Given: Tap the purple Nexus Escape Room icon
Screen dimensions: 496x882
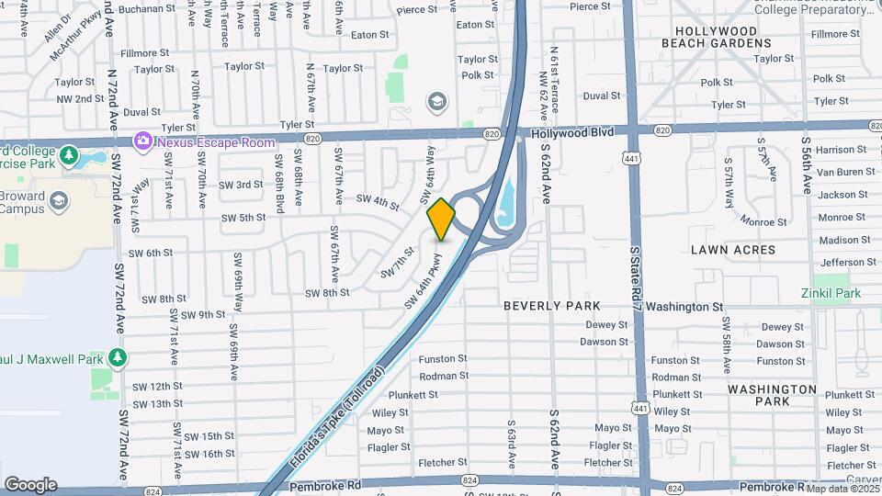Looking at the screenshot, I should (x=142, y=141).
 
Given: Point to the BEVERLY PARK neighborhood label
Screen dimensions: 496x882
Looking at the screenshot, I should (x=551, y=306).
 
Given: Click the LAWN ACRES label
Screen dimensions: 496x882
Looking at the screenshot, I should (x=733, y=250).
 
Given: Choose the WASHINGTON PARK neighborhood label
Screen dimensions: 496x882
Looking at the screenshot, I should (x=772, y=395).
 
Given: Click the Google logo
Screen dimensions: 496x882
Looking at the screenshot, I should (x=30, y=485).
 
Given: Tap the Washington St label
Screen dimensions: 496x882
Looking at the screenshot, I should (x=684, y=307).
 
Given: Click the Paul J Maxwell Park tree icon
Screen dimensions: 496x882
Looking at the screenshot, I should (x=116, y=356).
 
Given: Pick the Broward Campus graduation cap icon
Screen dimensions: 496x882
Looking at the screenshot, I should (x=59, y=200).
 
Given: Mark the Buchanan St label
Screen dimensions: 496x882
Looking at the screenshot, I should (x=146, y=9).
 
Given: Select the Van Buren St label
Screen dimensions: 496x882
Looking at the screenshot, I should (x=846, y=172).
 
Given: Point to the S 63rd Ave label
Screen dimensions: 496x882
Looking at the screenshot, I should (x=512, y=445).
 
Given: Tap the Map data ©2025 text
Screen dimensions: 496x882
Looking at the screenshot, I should (x=841, y=488).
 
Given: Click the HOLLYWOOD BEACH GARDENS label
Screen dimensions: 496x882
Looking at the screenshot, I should (x=723, y=38).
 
